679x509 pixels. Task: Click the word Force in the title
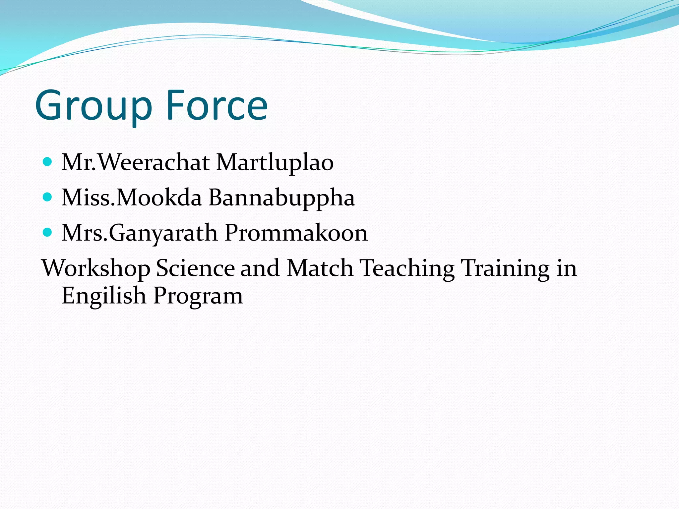click(217, 105)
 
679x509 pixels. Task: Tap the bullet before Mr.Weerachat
click(48, 162)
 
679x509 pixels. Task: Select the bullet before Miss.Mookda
click(48, 198)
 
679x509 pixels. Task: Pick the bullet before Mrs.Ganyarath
click(48, 233)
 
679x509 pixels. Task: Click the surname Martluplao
click(275, 163)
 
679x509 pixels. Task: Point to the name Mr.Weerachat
click(136, 163)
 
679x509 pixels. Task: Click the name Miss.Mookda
click(132, 198)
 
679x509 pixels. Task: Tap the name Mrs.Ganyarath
click(140, 233)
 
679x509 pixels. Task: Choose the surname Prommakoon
click(296, 233)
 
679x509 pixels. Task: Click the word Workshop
click(95, 268)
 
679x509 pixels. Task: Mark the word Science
click(195, 268)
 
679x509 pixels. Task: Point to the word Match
click(320, 268)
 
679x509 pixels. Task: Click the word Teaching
click(407, 268)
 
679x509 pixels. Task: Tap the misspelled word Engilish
click(103, 296)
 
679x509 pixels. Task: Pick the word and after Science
click(260, 268)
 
